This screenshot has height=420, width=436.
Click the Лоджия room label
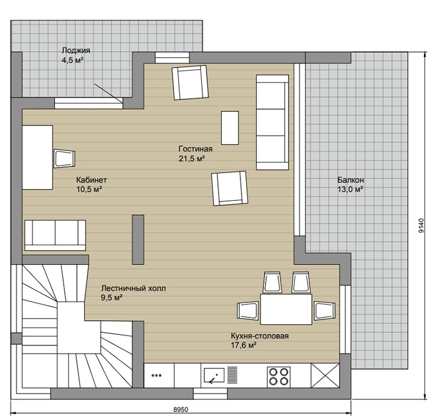pyautogui.click(x=76, y=50)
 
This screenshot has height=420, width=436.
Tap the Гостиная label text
pyautogui.click(x=196, y=149)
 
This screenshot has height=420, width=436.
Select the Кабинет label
pyautogui.click(x=91, y=180)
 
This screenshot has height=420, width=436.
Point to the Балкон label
pyautogui.click(x=351, y=180)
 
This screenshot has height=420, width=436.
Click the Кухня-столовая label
pyautogui.click(x=260, y=336)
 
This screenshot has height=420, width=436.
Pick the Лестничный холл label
pyautogui.click(x=133, y=288)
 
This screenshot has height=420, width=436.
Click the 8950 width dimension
pyautogui.click(x=181, y=410)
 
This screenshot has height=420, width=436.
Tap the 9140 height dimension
pyautogui.click(x=422, y=225)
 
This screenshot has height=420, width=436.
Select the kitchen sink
pyautogui.click(x=214, y=375)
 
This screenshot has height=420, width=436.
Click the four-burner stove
pyautogui.click(x=279, y=376)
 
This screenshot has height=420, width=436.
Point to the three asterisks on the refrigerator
pyautogui.click(x=156, y=376)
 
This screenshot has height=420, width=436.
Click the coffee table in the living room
pyautogui.click(x=230, y=128)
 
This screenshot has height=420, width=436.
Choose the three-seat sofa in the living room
pyautogui.click(x=272, y=122)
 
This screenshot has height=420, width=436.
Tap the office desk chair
pyautogui.click(x=64, y=158)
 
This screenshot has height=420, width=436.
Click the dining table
pyautogui.click(x=286, y=309)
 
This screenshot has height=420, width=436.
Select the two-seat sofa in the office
pyautogui.click(x=55, y=235)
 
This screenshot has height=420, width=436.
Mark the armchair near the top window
pyautogui.click(x=190, y=82)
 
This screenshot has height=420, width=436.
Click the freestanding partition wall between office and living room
pyautogui.click(x=138, y=239)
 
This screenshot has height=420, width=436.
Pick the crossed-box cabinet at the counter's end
pyautogui.click(x=325, y=375)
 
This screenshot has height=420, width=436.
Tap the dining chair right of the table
pyautogui.click(x=325, y=310)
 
